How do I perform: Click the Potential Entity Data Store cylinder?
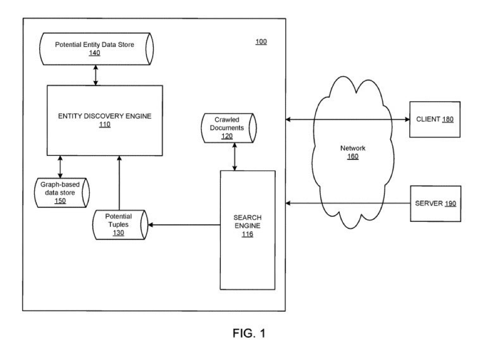coord(96,49)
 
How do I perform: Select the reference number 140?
coord(95,53)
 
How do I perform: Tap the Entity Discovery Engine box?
coord(104,120)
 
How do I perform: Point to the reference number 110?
coord(105,125)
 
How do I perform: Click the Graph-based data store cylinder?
coord(61,193)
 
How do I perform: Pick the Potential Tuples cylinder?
coord(119,224)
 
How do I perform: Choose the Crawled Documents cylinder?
coord(229,128)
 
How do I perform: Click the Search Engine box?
coord(247,229)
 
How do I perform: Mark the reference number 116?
coord(247,234)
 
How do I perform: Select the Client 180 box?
coord(435,119)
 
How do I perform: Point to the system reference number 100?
coord(261,41)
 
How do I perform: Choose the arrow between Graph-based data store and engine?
coord(60,165)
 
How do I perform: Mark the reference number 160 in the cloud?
coord(353,157)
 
